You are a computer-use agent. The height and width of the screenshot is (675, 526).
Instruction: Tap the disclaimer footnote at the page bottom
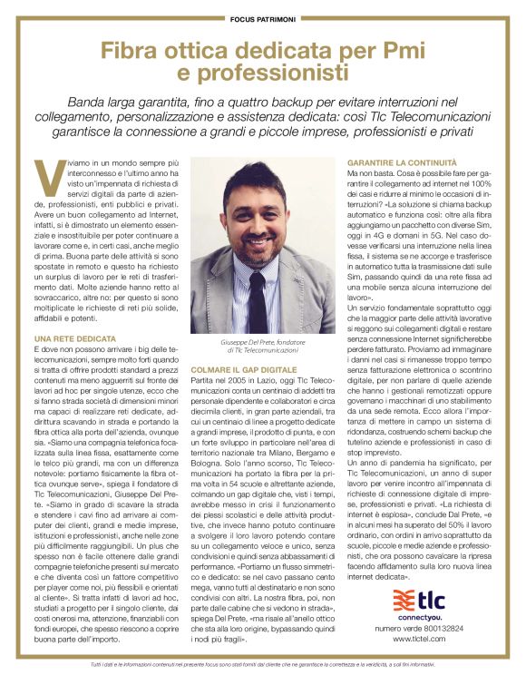click(x=262, y=665)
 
